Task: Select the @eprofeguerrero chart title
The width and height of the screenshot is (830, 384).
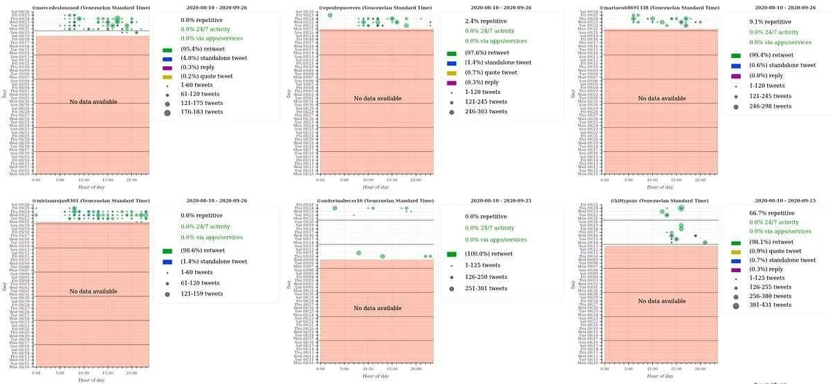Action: coord(374,6)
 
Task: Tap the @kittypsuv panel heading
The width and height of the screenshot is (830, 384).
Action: coord(658,200)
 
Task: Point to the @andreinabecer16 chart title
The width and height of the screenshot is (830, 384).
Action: coord(374,200)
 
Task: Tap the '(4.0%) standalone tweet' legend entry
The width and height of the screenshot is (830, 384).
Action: coord(214,58)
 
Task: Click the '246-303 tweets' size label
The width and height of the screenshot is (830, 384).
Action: coord(486,111)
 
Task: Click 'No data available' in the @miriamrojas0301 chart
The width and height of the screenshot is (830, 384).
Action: coord(93,291)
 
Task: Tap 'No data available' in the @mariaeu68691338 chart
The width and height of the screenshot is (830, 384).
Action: coord(662,98)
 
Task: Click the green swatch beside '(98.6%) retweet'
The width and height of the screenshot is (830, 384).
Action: coord(167,251)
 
